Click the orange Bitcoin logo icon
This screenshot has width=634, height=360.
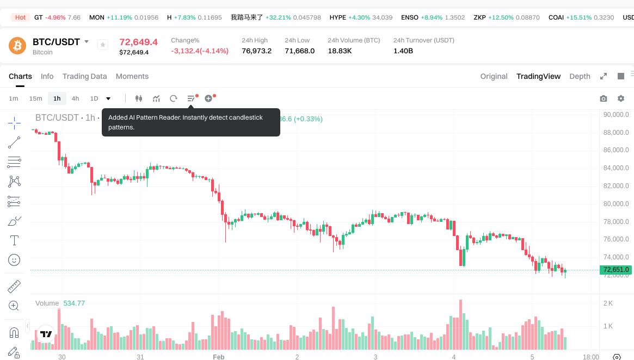[x=17, y=46]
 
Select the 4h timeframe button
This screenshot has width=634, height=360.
[x=75, y=98]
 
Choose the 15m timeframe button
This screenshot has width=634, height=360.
[x=36, y=98]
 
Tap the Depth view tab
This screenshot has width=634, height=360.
[x=580, y=76]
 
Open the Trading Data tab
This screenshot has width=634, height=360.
[x=84, y=76]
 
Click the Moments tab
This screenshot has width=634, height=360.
[x=132, y=76]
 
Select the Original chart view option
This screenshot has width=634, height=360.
[x=494, y=76]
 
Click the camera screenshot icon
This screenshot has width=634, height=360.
[x=604, y=98]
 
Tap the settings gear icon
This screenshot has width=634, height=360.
[x=621, y=98]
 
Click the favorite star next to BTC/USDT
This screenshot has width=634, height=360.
[x=103, y=45]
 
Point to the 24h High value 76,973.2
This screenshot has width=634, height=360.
[x=256, y=51]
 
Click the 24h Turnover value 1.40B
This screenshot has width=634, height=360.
[x=403, y=51]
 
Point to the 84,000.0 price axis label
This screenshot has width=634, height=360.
[x=616, y=168]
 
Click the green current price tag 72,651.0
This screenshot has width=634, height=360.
[x=615, y=270]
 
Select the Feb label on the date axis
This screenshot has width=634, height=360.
[x=218, y=357]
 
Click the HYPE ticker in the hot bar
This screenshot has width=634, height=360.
[x=338, y=17]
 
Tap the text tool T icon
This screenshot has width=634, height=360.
[x=15, y=240]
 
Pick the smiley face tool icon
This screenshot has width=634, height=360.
[x=15, y=260]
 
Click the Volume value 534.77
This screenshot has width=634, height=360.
[x=74, y=303]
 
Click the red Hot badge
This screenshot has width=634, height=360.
[x=20, y=17]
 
